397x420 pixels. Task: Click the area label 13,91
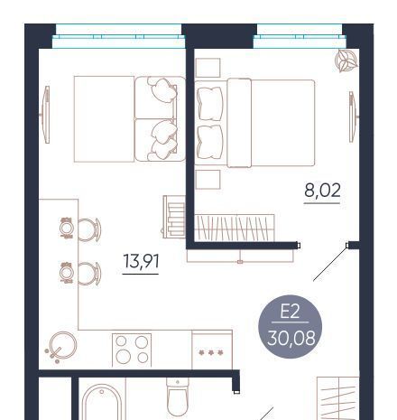tap(141, 261)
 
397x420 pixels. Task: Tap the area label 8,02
tap(322, 191)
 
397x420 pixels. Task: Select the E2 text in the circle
tap(290, 312)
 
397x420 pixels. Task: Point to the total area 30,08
tap(291, 338)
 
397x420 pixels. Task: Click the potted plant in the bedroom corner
tap(346, 61)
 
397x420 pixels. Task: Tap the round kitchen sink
tap(62, 345)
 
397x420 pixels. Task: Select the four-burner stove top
tap(132, 350)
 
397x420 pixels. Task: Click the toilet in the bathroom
tap(178, 398)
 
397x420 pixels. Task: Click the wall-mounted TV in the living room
tap(45, 115)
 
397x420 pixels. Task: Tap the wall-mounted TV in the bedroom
tap(353, 117)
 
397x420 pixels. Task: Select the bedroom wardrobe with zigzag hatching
tap(235, 228)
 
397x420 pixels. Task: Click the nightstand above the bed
tap(208, 68)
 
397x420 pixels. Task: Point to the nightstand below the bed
tap(208, 180)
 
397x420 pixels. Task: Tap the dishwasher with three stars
tap(212, 350)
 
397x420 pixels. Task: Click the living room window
tap(118, 36)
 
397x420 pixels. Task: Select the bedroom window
tap(300, 36)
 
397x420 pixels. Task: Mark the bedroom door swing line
tap(330, 263)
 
